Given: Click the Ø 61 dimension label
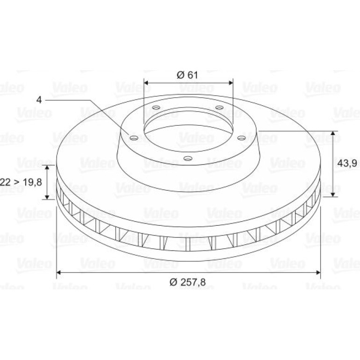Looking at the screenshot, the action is pyautogui.click(x=187, y=75).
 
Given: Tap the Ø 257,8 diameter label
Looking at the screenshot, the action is pyautogui.click(x=187, y=282).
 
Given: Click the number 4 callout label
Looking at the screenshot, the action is pyautogui.click(x=39, y=100).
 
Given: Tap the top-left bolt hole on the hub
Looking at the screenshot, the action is pyautogui.click(x=156, y=108).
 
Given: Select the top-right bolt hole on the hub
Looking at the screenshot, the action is pyautogui.click(x=219, y=108).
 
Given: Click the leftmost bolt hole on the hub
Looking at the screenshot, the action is pyautogui.click(x=134, y=138).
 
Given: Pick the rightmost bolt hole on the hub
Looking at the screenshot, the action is pyautogui.click(x=241, y=138).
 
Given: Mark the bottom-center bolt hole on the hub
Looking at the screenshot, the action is pyautogui.click(x=188, y=158).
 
